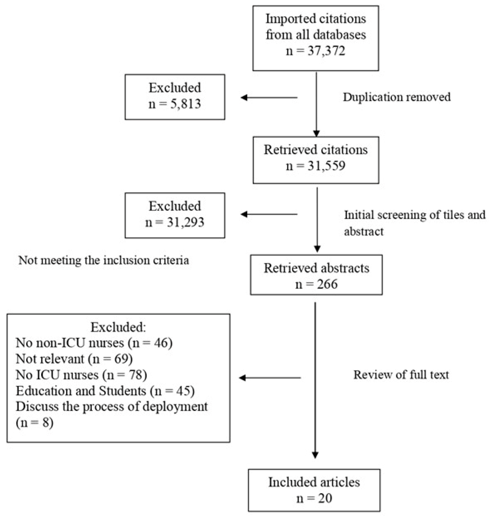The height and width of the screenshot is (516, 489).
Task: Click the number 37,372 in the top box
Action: (x=326, y=50)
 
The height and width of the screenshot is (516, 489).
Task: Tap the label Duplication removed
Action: (x=397, y=97)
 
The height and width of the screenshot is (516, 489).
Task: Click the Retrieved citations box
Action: (x=316, y=160)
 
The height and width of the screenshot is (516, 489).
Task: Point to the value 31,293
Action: (x=185, y=222)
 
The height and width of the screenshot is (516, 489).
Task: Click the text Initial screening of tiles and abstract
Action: (x=414, y=223)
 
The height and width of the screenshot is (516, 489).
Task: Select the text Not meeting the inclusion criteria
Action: (x=104, y=260)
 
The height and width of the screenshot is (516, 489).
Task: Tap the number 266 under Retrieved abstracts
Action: (x=327, y=284)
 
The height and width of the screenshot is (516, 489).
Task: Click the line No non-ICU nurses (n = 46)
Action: (x=94, y=343)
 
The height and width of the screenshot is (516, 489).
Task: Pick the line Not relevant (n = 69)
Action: (x=74, y=359)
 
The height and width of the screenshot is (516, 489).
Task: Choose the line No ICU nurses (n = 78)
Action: (x=81, y=375)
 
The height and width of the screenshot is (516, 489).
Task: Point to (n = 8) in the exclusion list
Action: (x=35, y=423)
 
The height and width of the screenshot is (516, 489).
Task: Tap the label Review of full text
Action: (x=401, y=375)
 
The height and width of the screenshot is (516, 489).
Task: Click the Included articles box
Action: (x=314, y=490)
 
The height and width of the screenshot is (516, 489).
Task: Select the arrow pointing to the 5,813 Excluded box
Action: (x=269, y=98)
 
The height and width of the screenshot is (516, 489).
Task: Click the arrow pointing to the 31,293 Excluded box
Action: (x=269, y=214)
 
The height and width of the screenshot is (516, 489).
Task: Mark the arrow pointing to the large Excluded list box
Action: (x=270, y=378)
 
